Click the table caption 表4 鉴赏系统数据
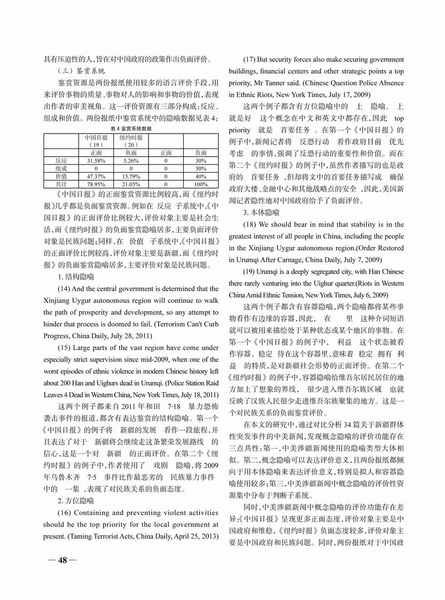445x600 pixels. pyautogui.click(x=131, y=128)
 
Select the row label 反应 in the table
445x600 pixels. pyautogui.click(x=61, y=160)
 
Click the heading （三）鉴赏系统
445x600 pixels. pyautogui.click(x=81, y=71)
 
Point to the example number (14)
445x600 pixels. pyautogui.click(x=66, y=289)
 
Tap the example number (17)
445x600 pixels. pyautogui.click(x=252, y=59)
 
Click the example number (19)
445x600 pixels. pyautogui.click(x=252, y=270)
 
